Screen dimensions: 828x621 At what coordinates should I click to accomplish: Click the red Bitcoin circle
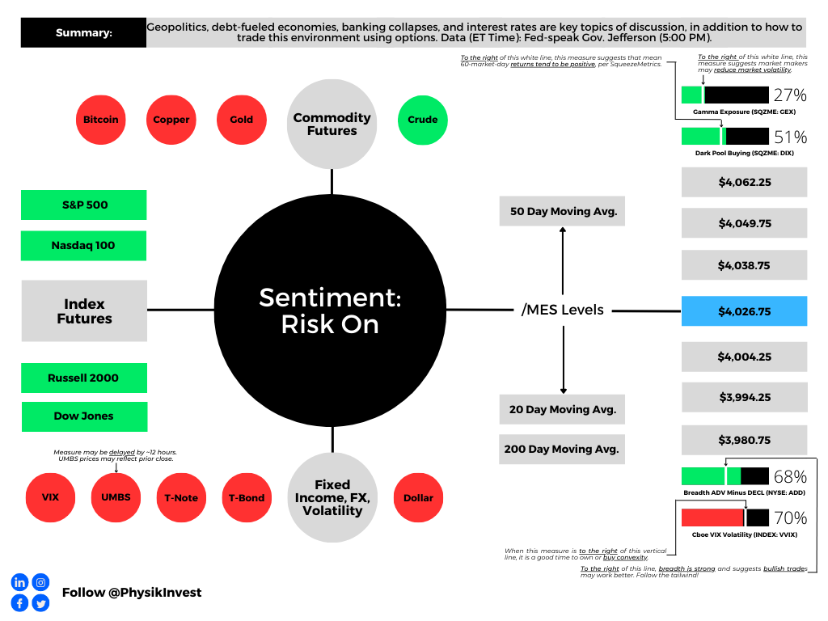tap(101, 120)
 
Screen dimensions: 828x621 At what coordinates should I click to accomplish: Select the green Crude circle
tap(422, 120)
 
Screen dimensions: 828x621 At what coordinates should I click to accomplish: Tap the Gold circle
tap(241, 120)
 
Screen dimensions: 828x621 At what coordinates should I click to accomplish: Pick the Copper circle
tap(171, 120)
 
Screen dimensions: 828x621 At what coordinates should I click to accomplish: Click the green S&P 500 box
tap(84, 205)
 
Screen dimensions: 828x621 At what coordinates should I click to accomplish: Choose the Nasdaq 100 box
tap(84, 246)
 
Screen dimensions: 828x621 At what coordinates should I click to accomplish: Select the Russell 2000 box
tap(84, 378)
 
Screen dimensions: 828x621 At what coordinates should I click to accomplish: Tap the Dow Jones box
tap(84, 416)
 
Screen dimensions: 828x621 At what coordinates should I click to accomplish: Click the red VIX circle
tap(50, 497)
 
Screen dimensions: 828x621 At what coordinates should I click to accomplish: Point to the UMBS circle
tap(116, 497)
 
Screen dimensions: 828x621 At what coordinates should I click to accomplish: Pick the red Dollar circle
tap(418, 497)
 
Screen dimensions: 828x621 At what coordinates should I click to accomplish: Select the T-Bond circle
tap(247, 497)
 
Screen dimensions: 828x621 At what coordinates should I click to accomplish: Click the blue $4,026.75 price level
tap(744, 311)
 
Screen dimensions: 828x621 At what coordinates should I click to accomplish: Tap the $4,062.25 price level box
tap(744, 182)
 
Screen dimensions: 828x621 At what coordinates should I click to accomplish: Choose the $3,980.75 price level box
tap(744, 440)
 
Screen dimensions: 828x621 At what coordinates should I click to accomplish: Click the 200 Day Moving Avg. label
tap(562, 450)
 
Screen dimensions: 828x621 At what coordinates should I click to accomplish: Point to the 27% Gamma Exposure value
tap(790, 95)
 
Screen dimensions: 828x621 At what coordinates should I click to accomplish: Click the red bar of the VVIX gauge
tap(712, 517)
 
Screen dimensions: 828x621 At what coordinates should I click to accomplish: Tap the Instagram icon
tap(40, 582)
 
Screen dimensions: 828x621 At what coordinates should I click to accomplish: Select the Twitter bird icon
tap(40, 603)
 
